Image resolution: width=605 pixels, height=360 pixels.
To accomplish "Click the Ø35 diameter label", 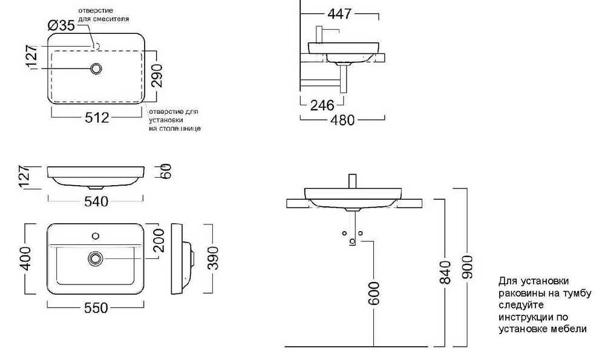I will point(61,25).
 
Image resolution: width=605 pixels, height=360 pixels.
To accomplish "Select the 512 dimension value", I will point(97,118).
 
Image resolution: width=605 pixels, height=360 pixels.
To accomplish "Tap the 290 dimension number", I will point(158,76).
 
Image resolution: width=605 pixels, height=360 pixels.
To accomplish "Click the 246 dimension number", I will point(322,105).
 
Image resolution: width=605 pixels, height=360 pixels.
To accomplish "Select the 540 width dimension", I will point(96,201).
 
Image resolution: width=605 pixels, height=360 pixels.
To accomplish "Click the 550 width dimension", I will point(96,308).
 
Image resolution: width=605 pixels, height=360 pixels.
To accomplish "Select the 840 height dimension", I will point(446,273).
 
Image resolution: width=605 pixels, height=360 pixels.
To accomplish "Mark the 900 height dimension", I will point(468,267).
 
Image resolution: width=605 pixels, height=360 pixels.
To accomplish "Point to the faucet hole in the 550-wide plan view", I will point(95,234).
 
